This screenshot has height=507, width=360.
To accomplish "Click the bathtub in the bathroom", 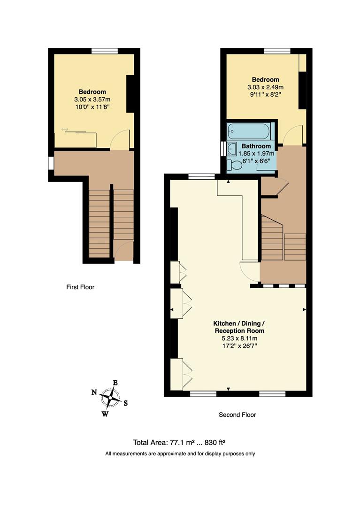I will pyautogui.click(x=249, y=131).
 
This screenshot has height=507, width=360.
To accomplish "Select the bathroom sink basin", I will pyautogui.click(x=232, y=150).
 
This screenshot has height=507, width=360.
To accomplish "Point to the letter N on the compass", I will pyautogui.click(x=94, y=392).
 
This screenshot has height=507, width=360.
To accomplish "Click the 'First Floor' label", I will pyautogui.click(x=80, y=287).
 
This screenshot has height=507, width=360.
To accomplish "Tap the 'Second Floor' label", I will pyautogui.click(x=237, y=415).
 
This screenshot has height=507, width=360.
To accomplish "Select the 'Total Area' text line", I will pyautogui.click(x=180, y=442).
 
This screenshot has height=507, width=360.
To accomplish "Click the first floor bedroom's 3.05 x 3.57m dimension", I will pyautogui.click(x=92, y=100).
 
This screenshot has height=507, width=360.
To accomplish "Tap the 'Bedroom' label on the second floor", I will pyautogui.click(x=265, y=80).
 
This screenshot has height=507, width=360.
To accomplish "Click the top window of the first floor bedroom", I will pyautogui.click(x=104, y=51).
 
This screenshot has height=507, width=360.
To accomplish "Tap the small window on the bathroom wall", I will pyautogui.click(x=223, y=148).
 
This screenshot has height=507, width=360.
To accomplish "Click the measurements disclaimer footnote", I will pyautogui.click(x=180, y=453).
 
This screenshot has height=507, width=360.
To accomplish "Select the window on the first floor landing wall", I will pyautogui.click(x=51, y=163).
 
